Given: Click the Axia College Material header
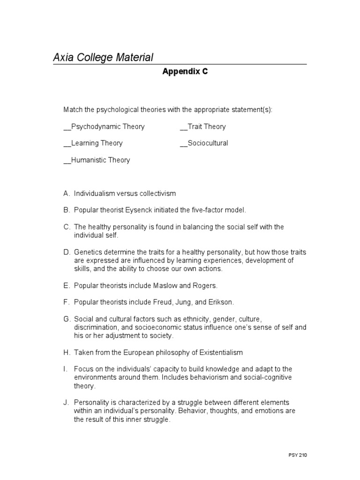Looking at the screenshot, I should (x=103, y=58).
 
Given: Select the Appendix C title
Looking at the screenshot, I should (x=185, y=72).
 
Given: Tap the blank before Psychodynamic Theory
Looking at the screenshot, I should (x=67, y=127).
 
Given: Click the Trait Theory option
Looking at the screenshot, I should (x=206, y=127).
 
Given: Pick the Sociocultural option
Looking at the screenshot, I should (x=208, y=143).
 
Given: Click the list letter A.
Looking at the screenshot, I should (x=66, y=193).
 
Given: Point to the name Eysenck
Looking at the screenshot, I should (x=141, y=210).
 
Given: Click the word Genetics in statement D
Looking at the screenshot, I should (x=88, y=252).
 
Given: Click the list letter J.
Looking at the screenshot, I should (x=66, y=403).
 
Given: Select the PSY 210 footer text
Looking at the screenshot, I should (x=298, y=455).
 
